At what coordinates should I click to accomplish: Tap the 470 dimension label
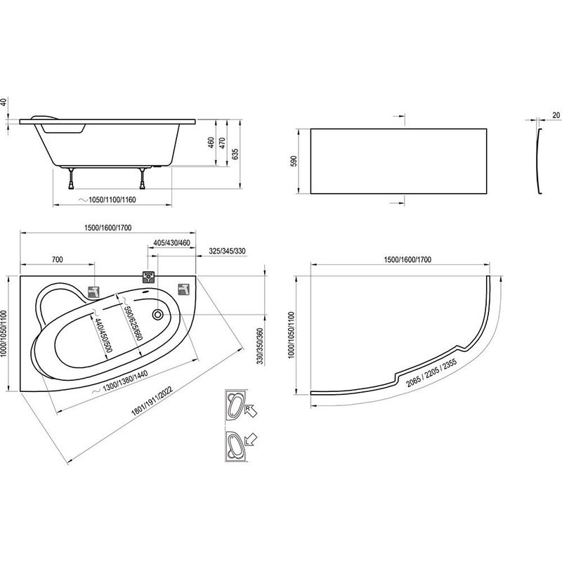224,144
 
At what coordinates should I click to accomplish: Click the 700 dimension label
57,261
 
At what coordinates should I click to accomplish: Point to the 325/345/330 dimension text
226,251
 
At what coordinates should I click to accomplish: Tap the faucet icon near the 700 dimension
93,292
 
